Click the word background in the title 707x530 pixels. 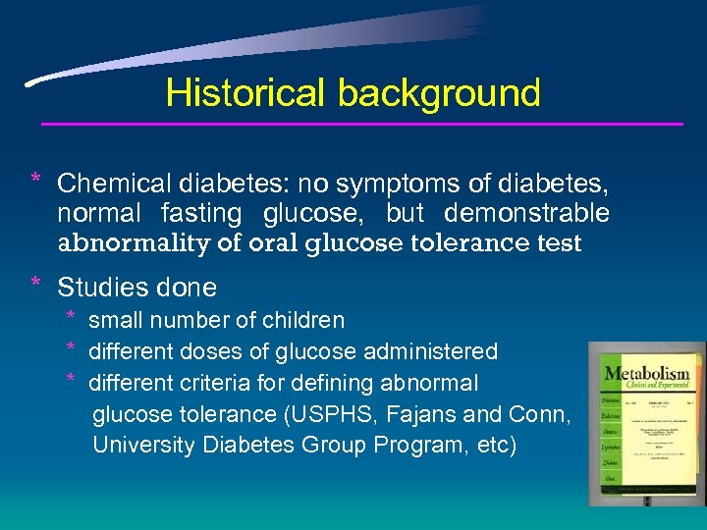(439, 93)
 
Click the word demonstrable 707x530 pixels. (526, 213)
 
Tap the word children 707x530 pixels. (303, 321)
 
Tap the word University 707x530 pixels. (143, 445)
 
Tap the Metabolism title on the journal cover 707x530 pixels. (646, 375)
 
